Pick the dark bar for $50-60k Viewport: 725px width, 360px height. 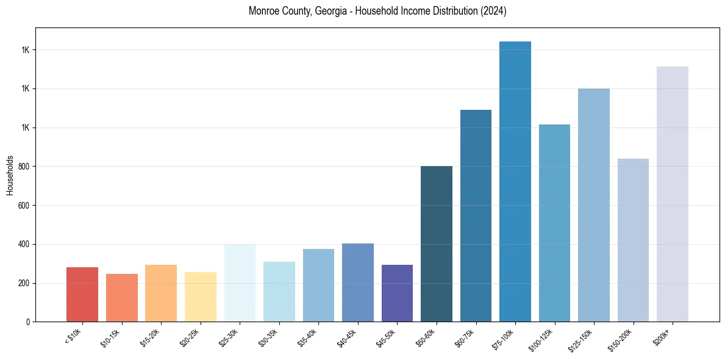[x=437, y=243]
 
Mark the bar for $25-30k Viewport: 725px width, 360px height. [x=240, y=283]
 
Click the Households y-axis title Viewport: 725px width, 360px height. [x=10, y=175]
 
